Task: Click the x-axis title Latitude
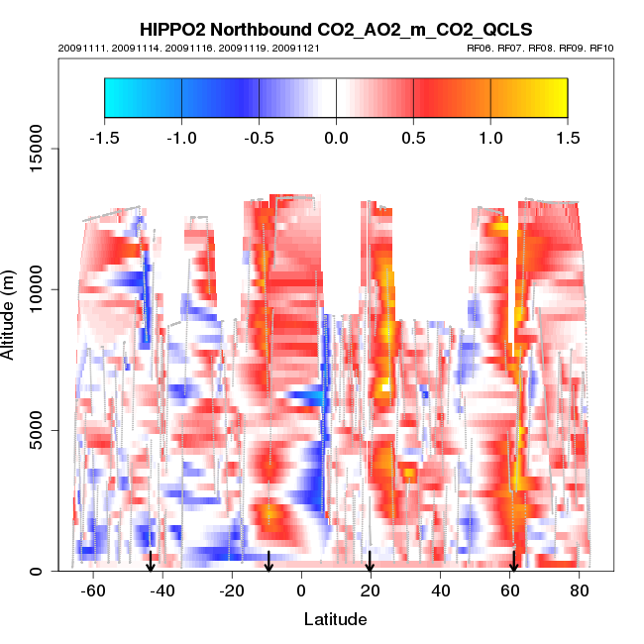point(335,619)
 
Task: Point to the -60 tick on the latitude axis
point(93,590)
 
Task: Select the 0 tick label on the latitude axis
point(300,590)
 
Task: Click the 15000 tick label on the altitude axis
point(36,149)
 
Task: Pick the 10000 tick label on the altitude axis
point(36,289)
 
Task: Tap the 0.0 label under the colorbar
point(336,137)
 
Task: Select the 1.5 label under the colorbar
point(568,137)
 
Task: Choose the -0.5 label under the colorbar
point(258,137)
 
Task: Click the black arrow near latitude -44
point(151,562)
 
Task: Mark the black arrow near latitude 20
point(370,562)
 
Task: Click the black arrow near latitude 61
point(513,562)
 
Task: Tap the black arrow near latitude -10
point(268,562)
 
